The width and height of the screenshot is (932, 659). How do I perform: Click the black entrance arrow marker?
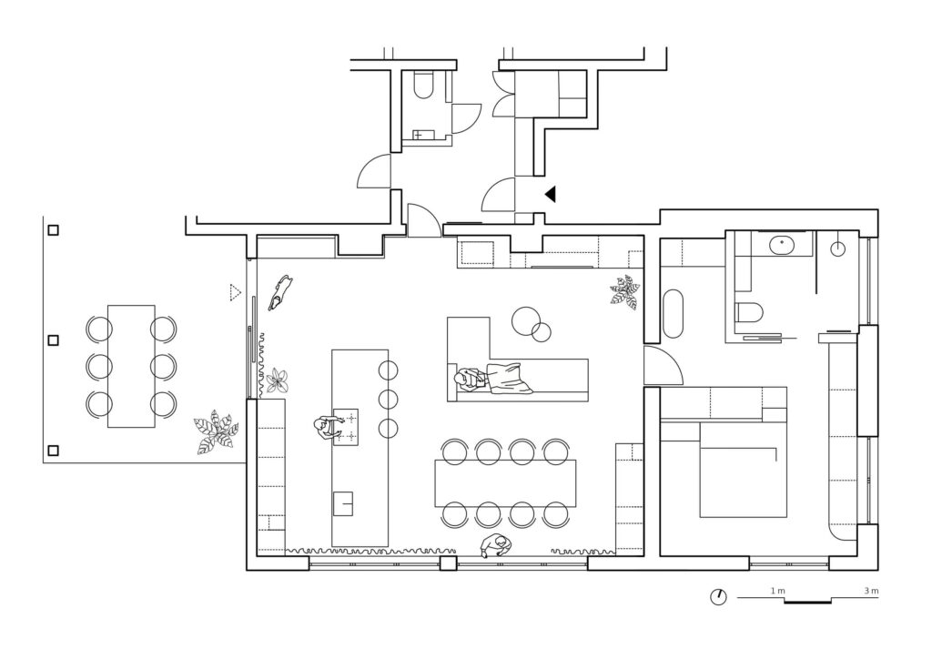tap(550, 194)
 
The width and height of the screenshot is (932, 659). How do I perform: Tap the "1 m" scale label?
tap(777, 592)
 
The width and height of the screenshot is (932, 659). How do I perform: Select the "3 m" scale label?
tap(871, 592)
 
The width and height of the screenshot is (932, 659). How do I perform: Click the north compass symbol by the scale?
tap(718, 597)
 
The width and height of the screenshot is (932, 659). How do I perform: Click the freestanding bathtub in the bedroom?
tap(674, 314)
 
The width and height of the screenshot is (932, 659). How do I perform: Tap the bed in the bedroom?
tap(743, 469)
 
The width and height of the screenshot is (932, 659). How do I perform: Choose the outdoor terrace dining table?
tap(131, 365)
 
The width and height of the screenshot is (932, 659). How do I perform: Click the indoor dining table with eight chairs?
tap(505, 483)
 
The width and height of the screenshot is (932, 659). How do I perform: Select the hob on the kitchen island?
tap(349, 426)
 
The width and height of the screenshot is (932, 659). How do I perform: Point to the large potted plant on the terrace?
tap(215, 432)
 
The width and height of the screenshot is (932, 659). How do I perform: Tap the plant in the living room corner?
tap(625, 291)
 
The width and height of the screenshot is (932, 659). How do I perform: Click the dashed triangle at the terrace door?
tap(235, 292)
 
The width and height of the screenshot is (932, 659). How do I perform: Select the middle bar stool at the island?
tap(389, 399)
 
